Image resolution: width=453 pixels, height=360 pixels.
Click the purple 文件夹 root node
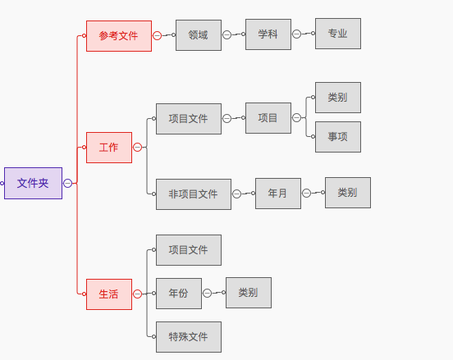pos(33,183)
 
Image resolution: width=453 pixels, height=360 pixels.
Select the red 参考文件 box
pos(119,36)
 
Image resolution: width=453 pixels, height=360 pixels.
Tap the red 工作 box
pos(109,148)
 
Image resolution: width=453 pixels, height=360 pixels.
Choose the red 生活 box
pos(109,294)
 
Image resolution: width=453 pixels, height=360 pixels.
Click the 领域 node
pos(199,35)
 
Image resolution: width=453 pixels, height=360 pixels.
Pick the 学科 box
pos(268,34)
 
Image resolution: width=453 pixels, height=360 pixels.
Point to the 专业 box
pos(338,34)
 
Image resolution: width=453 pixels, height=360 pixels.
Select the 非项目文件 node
pos(194,194)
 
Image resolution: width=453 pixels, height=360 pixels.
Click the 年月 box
pos(278,194)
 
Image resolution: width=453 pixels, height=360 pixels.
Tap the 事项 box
pos(338,137)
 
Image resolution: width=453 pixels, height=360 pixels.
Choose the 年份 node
pos(179,294)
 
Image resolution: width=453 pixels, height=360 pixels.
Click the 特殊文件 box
pos(189,337)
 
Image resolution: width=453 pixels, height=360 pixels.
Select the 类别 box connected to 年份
pos(249,293)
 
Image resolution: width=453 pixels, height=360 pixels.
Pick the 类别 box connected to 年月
pos(348,193)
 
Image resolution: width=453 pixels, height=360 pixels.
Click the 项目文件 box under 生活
pos(189,250)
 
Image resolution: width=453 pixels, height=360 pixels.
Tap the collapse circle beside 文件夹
pos(67,183)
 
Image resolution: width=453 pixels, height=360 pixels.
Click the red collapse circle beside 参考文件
pos(158,35)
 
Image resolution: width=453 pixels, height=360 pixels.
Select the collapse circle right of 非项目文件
pos(236,194)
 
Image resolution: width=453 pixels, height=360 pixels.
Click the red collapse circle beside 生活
pos(138,294)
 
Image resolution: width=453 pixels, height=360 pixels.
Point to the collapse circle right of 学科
pos(297,34)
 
